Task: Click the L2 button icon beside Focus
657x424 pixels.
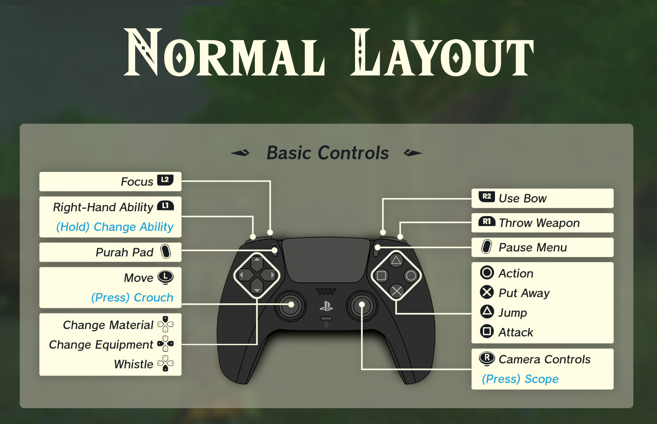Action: click(165, 180)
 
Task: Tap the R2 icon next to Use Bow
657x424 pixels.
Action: click(486, 197)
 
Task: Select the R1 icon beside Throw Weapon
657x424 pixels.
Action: click(486, 221)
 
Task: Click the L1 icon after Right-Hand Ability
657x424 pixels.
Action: click(165, 205)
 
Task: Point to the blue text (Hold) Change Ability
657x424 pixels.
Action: click(115, 227)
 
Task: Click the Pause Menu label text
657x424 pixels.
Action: click(533, 247)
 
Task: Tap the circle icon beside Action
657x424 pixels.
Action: click(487, 273)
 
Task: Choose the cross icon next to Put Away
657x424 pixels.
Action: click(487, 292)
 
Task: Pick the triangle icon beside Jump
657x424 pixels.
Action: click(487, 312)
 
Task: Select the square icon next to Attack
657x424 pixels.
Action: click(487, 331)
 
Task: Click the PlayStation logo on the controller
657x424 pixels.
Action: click(326, 306)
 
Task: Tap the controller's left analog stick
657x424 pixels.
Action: click(291, 305)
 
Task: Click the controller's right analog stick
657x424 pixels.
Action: click(362, 305)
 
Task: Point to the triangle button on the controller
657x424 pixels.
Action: click(396, 261)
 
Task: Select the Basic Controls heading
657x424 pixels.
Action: click(327, 153)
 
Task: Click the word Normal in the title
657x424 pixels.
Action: click(224, 53)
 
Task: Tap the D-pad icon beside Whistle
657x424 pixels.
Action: click(165, 364)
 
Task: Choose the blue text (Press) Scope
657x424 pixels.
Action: click(520, 379)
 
